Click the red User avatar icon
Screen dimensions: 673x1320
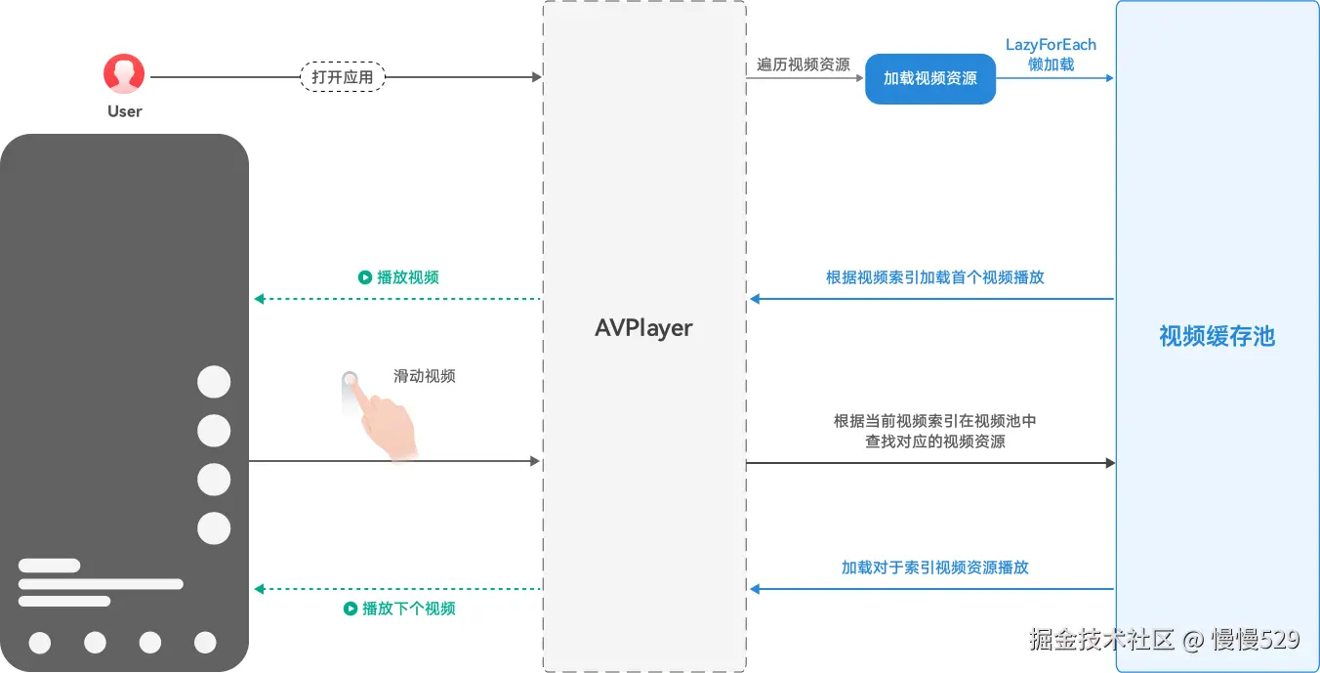point(124,74)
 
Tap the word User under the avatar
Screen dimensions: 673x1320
point(125,111)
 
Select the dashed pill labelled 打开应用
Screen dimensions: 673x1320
point(342,77)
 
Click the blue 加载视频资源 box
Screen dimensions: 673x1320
point(929,78)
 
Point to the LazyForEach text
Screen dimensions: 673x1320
point(1051,45)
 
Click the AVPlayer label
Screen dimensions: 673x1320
point(643,328)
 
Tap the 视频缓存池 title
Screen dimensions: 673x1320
point(1217,337)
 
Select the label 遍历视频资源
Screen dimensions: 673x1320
point(804,64)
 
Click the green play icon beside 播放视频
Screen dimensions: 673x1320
point(365,277)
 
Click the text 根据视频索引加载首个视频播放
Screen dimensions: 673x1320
point(934,277)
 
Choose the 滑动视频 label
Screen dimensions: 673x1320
point(425,376)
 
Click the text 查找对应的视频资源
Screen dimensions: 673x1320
point(934,442)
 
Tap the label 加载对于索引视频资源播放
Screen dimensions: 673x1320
point(934,568)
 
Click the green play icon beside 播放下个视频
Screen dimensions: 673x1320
point(351,609)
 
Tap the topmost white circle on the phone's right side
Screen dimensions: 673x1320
point(214,382)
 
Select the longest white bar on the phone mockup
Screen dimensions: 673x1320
point(101,584)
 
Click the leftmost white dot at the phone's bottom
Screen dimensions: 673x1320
point(40,643)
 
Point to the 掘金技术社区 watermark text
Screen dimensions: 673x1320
point(1101,640)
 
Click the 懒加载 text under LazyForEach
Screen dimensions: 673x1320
point(1051,64)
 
